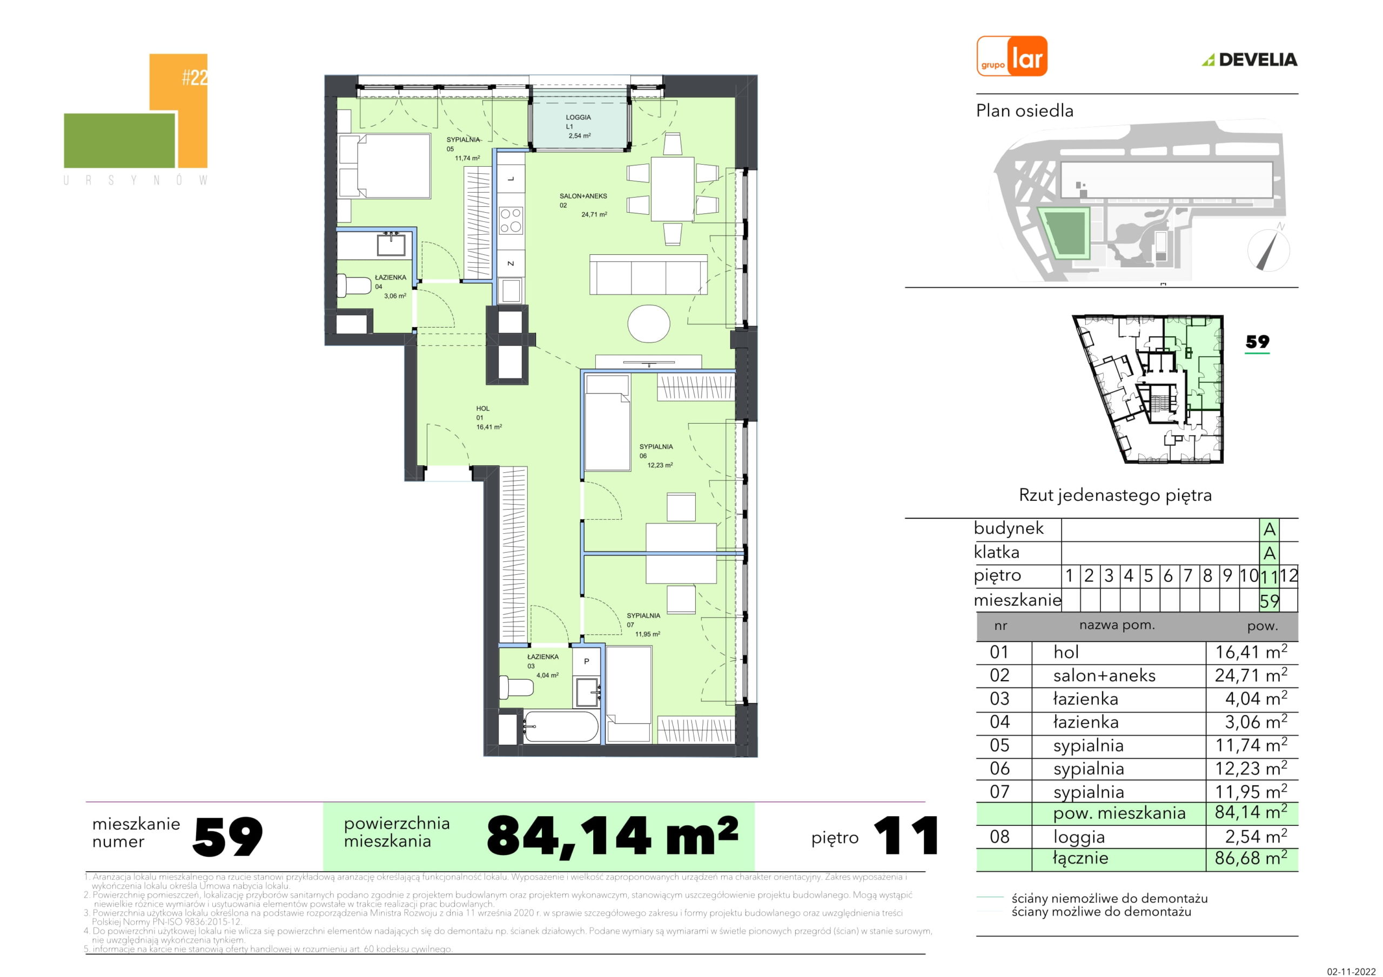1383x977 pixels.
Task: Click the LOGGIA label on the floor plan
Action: click(578, 117)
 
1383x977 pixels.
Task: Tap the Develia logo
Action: click(1250, 59)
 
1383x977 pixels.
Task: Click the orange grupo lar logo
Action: click(1012, 56)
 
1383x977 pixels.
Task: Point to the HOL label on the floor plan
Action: click(482, 409)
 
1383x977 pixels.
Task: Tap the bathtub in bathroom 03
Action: click(560, 727)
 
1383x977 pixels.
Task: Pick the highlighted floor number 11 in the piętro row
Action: click(1268, 576)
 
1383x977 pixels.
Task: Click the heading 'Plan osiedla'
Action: click(1025, 111)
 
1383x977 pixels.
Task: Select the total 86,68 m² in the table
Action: click(1251, 858)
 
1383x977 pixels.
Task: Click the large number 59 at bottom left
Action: click(227, 836)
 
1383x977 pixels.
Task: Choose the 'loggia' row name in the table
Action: click(1079, 837)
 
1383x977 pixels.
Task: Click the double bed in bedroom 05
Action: click(384, 166)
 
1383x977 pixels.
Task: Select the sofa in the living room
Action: click(648, 275)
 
